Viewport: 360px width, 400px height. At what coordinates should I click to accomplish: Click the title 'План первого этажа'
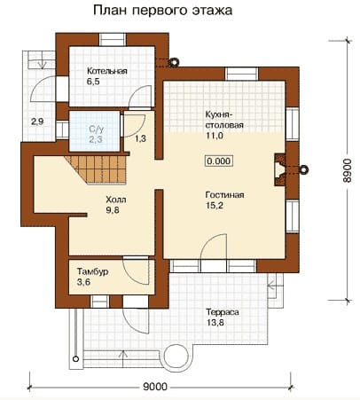[163, 11]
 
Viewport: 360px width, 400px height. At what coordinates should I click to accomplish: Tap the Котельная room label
[107, 71]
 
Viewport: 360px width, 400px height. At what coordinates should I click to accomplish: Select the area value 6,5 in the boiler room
[93, 82]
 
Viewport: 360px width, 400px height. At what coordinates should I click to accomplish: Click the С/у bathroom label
[97, 129]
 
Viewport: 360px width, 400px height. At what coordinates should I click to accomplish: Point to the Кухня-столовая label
[224, 120]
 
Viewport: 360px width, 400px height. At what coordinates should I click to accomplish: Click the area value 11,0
[215, 136]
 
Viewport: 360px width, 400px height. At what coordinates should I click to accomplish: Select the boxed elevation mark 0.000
[219, 161]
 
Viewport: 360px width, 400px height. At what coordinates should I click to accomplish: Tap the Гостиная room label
[224, 195]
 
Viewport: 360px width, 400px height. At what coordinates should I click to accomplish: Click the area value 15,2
[215, 206]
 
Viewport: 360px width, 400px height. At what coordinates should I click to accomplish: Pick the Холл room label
[116, 200]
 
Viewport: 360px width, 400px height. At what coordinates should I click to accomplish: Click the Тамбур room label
[92, 271]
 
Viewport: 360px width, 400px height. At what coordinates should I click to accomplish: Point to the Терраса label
[223, 312]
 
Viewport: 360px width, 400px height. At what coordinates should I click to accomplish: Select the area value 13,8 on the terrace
[215, 323]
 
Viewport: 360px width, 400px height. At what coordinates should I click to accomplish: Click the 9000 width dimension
[155, 387]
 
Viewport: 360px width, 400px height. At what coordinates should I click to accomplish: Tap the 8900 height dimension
[348, 170]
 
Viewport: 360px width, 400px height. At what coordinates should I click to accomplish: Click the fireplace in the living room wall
[280, 169]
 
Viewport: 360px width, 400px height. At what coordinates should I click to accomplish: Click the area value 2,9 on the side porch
[37, 122]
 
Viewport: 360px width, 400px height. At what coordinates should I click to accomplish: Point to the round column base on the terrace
[176, 358]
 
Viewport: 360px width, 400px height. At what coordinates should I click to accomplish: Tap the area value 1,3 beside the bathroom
[141, 138]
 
